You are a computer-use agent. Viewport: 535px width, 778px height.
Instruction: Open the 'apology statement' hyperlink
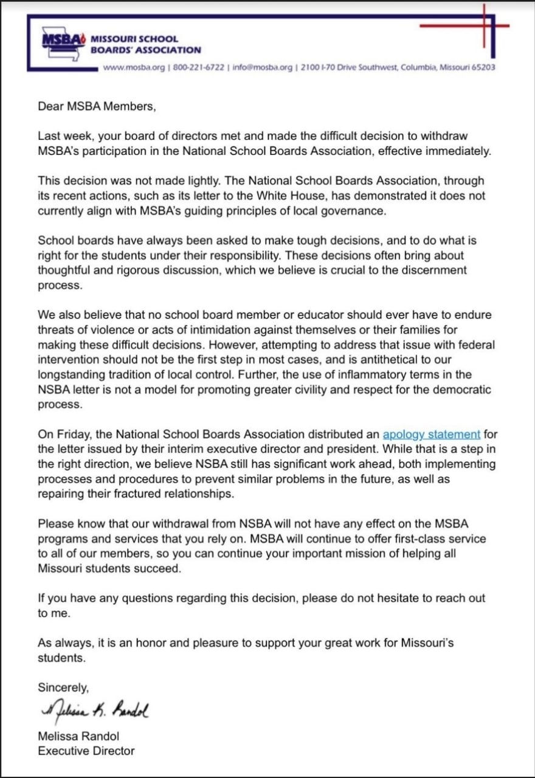coord(432,435)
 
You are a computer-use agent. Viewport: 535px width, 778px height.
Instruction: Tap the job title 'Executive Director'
coord(86,751)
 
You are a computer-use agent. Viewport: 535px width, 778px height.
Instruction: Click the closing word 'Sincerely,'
coord(63,688)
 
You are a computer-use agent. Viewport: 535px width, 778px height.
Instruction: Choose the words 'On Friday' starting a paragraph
coord(62,435)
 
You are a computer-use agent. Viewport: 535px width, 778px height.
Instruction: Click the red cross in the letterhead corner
coord(485,26)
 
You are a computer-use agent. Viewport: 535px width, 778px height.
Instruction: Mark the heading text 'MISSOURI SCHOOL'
coord(134,39)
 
